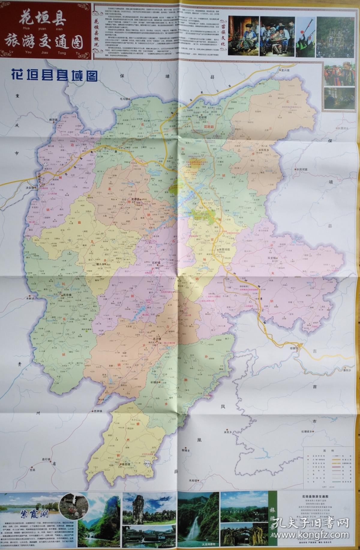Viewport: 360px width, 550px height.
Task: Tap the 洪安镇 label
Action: [x=30, y=188]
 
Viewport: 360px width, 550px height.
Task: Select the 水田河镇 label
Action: [x=301, y=169]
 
